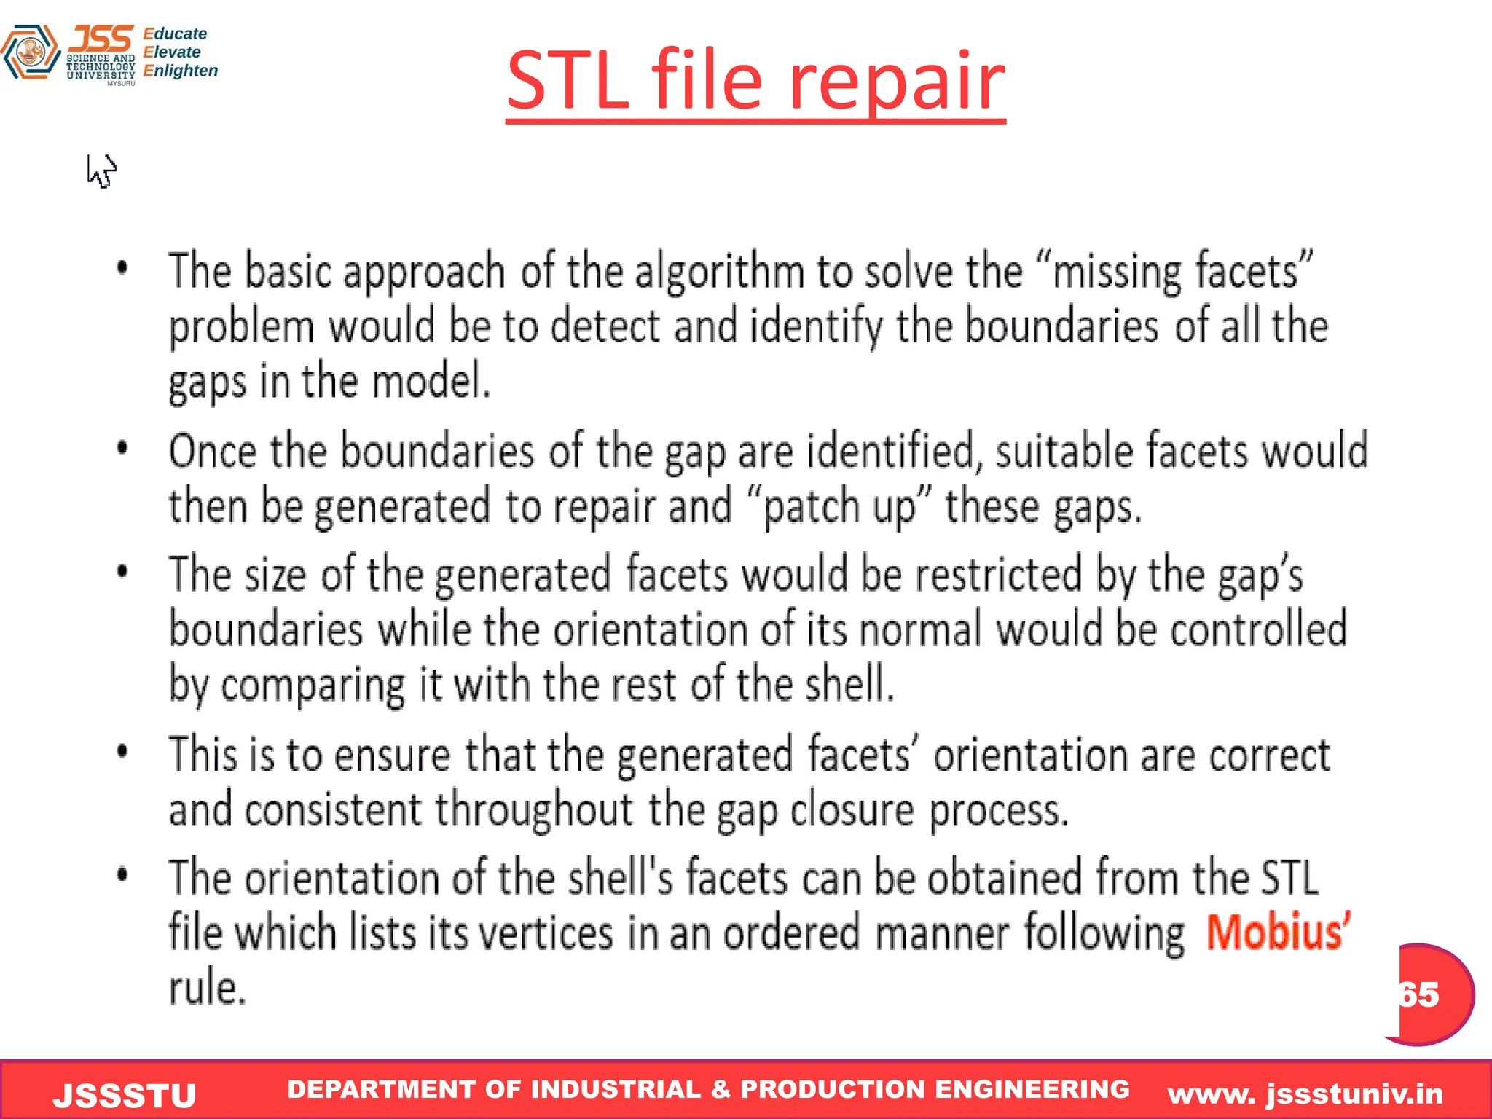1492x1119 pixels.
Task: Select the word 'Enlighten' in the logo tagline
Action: click(x=181, y=71)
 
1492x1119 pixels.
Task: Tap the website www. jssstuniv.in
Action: click(x=1305, y=1094)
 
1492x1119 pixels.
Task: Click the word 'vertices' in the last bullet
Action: click(x=546, y=933)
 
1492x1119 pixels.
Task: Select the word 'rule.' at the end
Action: click(x=208, y=989)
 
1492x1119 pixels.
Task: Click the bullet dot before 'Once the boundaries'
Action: click(x=122, y=448)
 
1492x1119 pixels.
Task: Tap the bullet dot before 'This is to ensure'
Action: click(x=122, y=751)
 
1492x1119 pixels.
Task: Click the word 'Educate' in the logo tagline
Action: click(x=175, y=34)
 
